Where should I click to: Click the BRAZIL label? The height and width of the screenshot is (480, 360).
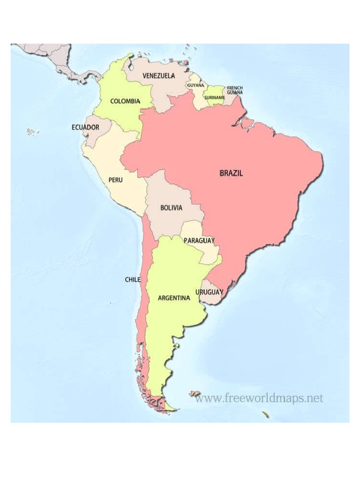[231, 173]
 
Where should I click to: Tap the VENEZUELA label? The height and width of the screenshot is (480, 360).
[159, 75]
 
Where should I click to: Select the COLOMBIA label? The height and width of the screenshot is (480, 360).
[125, 101]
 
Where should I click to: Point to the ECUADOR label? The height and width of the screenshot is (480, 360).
[85, 127]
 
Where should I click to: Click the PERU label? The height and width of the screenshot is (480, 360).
[115, 180]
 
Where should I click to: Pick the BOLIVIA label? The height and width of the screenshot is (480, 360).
[171, 208]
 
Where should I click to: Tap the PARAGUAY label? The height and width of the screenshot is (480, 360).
[199, 240]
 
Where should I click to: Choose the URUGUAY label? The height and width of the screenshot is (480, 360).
[209, 292]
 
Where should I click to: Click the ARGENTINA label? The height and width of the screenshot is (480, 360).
[174, 298]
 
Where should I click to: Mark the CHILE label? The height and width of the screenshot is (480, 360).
[133, 279]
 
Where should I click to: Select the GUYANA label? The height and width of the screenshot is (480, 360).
[195, 85]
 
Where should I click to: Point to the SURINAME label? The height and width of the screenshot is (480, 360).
[215, 97]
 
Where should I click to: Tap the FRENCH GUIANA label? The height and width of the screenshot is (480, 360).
[235, 90]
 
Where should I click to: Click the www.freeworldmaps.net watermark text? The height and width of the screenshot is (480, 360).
[259, 398]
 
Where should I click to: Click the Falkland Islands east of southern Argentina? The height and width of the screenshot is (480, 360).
[195, 394]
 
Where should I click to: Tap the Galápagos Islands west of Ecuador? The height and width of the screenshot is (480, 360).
[32, 132]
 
